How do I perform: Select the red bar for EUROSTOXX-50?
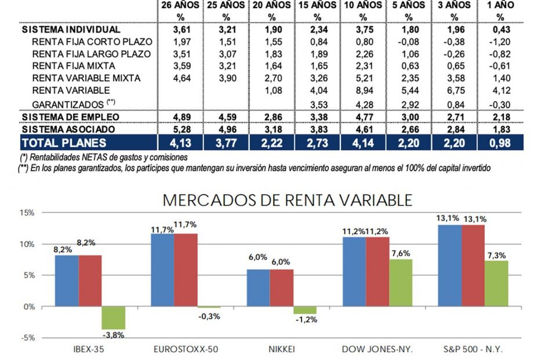click(186, 270)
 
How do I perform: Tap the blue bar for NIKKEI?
click(258, 288)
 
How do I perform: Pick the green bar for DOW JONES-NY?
click(401, 283)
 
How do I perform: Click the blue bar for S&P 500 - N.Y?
click(450, 266)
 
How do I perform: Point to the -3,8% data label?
click(114, 335)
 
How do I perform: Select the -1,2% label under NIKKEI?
click(305, 319)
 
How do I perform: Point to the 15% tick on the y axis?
click(27, 213)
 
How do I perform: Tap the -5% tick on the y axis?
click(27, 338)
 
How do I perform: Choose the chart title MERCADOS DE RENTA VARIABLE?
click(288, 200)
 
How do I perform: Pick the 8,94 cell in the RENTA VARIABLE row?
click(363, 90)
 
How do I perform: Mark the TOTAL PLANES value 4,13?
click(180, 143)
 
